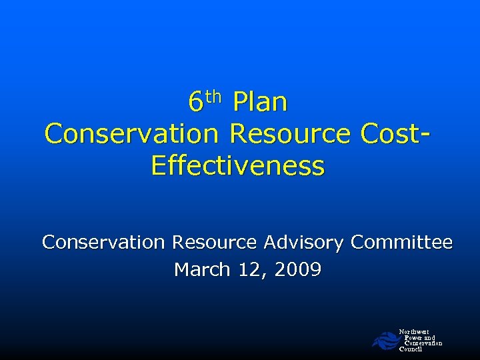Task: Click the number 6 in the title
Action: coord(195,103)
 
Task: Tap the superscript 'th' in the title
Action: coord(213,97)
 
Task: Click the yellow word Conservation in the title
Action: coord(131,134)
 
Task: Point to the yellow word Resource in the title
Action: coord(289,134)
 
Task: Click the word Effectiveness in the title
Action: coord(238,165)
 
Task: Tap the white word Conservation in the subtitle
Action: coord(103,243)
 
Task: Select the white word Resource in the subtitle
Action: coord(213,243)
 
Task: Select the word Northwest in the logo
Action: coord(414,331)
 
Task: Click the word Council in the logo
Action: coord(411,349)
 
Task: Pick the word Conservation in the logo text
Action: coord(423,343)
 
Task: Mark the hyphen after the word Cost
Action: coord(425,135)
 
